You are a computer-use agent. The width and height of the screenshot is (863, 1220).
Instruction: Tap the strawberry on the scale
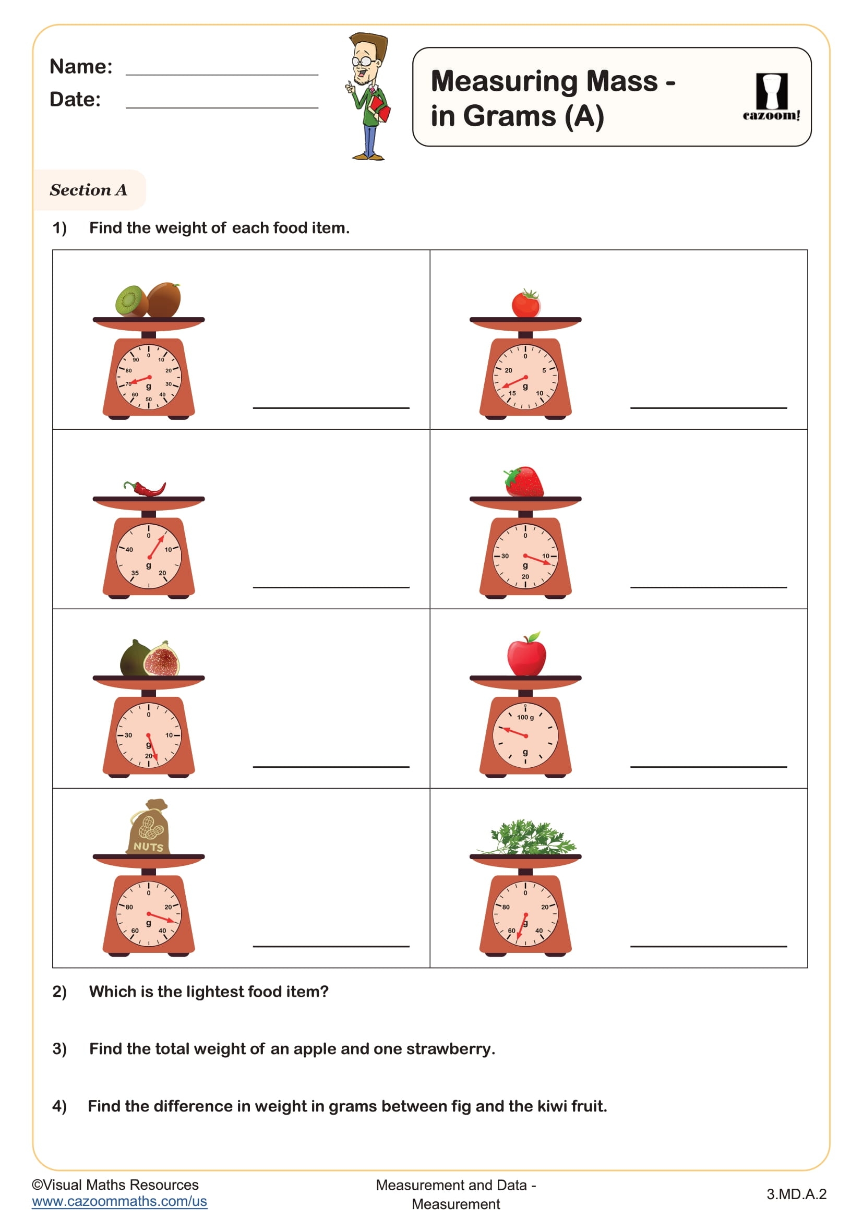pos(525,482)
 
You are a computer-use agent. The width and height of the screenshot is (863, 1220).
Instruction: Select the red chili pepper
pos(146,488)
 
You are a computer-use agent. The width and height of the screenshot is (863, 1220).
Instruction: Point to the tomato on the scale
pos(525,305)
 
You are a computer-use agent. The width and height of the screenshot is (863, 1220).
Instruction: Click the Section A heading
pos(88,190)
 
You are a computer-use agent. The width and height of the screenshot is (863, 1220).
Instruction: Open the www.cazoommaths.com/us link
pos(119,1202)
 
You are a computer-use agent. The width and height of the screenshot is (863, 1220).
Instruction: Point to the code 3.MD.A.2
pos(796,1194)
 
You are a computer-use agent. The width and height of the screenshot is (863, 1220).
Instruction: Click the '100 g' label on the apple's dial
pos(525,718)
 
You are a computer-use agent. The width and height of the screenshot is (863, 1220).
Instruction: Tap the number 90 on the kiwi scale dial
pos(136,360)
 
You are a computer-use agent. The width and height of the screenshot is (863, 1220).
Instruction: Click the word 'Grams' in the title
pos(510,116)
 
